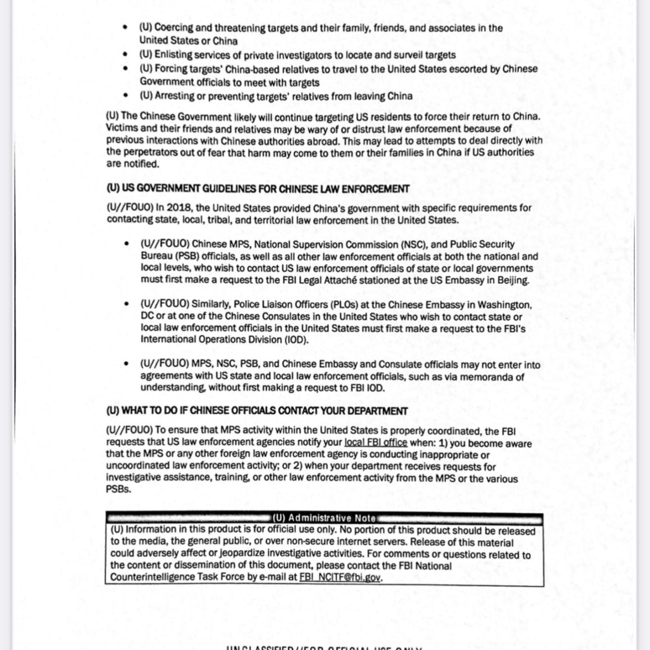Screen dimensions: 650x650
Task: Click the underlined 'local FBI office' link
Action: point(375,443)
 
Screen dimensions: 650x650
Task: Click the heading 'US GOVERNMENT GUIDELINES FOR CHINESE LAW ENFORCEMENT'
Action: point(258,189)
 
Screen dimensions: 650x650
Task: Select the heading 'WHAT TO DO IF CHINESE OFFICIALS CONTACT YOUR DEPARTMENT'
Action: point(257,411)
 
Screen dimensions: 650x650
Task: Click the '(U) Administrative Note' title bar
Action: point(324,518)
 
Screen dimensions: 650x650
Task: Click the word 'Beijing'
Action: point(511,281)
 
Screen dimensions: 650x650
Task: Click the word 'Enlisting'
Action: point(173,55)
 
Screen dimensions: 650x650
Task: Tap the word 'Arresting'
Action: point(174,96)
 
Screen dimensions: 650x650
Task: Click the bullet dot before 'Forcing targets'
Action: point(129,69)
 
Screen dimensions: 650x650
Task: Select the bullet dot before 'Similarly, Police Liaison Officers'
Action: point(129,304)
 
